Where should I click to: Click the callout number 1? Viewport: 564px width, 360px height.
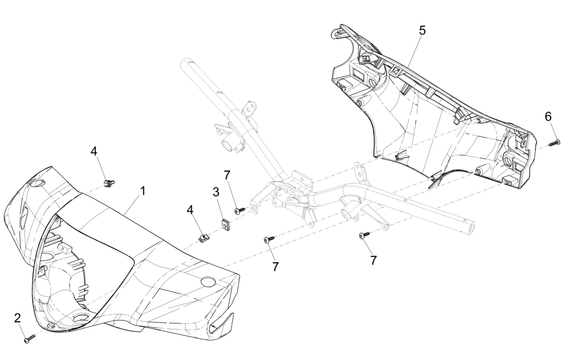click(143, 191)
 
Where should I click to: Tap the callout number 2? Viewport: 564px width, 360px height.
click(18, 318)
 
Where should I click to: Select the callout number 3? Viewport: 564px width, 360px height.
click(216, 192)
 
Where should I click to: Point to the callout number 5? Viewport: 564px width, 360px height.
click(422, 31)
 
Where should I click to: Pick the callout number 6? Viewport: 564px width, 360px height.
click(548, 116)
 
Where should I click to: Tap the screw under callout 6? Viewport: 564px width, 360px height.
click(553, 143)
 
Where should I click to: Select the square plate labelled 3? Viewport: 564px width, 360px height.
click(225, 225)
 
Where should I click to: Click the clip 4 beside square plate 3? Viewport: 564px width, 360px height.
click(204, 237)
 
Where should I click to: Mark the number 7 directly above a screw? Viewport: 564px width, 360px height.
click(227, 176)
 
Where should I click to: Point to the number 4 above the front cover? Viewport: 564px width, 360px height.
click(94, 151)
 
